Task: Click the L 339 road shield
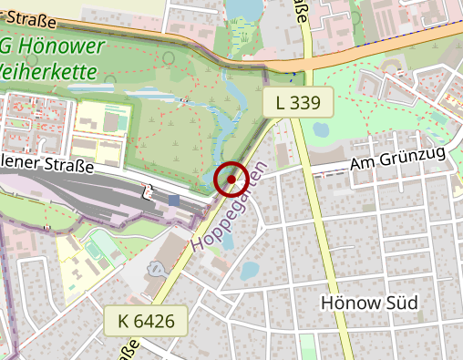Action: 298,103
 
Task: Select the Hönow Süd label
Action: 370,303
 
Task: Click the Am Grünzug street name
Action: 397,160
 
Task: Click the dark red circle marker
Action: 231,180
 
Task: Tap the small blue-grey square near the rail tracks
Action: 174,200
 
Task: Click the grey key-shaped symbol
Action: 158,270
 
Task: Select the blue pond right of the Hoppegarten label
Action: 250,271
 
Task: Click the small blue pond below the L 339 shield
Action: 320,129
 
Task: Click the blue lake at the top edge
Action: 242,9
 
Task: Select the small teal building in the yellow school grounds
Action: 122,121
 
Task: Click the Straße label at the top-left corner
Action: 28,18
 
